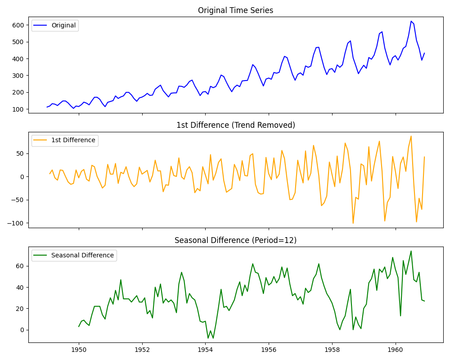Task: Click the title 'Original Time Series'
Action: coord(235,10)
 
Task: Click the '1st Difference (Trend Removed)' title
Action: coord(235,125)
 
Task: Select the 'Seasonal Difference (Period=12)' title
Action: coord(235,240)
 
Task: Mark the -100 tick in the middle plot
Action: coord(17,223)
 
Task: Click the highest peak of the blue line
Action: coord(411,21)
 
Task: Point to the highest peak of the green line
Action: coord(411,251)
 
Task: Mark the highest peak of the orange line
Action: coord(411,136)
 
